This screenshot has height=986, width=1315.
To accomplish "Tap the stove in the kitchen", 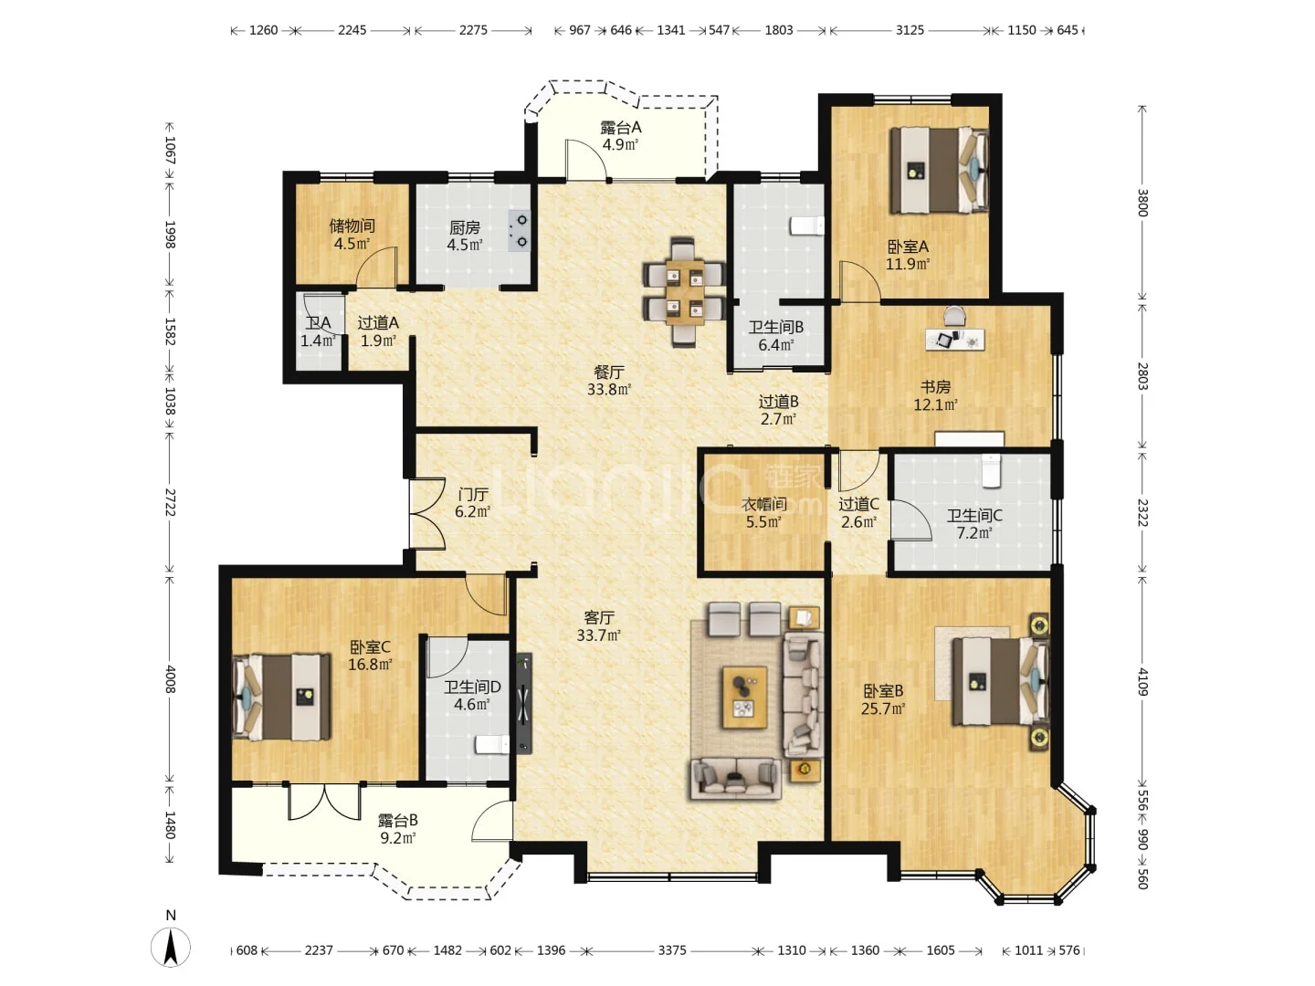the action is [519, 230].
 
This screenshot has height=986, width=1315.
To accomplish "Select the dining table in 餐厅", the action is [684, 292].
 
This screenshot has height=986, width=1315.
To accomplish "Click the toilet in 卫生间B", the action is [807, 226].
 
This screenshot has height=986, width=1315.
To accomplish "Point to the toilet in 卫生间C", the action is [992, 470].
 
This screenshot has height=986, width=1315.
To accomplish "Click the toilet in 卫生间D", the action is [492, 745].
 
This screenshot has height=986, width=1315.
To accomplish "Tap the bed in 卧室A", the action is [938, 170].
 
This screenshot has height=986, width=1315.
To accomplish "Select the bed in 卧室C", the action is [281, 697].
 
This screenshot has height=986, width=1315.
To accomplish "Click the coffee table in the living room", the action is [744, 697].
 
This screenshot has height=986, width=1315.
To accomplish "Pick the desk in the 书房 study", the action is [954, 340].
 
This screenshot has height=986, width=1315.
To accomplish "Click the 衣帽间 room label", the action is [763, 504].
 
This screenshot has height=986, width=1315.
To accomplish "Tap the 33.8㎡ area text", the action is [609, 390].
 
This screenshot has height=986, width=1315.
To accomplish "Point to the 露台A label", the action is [621, 128].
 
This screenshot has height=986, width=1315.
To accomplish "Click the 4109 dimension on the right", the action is [1141, 681].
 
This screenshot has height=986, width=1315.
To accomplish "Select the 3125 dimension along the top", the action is [910, 30].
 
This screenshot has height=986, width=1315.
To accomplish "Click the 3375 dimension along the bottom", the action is [671, 950].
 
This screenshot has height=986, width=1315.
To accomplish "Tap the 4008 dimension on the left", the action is [170, 678].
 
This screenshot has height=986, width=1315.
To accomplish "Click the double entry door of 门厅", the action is [427, 514].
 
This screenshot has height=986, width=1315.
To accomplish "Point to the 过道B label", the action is [778, 402].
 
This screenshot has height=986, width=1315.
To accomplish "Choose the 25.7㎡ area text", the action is [882, 708].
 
